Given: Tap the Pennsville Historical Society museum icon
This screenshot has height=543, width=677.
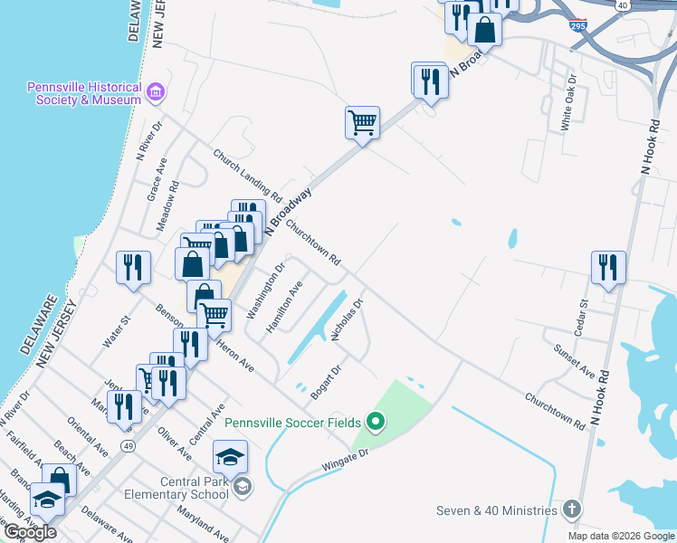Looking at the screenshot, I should tap(157, 91).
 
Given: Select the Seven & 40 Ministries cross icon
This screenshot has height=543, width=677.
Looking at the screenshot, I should tap(570, 510).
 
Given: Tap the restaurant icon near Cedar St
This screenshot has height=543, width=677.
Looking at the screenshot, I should tap(608, 266).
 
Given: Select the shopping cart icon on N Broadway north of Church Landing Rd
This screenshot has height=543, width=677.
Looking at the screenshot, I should tap(362, 121).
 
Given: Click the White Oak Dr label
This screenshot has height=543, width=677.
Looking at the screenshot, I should tap(569, 109).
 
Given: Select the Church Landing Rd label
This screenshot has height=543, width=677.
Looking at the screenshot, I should tap(247, 175).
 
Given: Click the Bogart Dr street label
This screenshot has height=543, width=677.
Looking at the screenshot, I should tap(325, 383).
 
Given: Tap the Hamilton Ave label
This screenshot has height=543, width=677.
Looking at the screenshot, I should tap(284, 307).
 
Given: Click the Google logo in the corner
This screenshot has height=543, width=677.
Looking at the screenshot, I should tap(30, 532).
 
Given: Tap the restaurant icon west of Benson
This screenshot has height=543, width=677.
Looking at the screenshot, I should tap(132, 266).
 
